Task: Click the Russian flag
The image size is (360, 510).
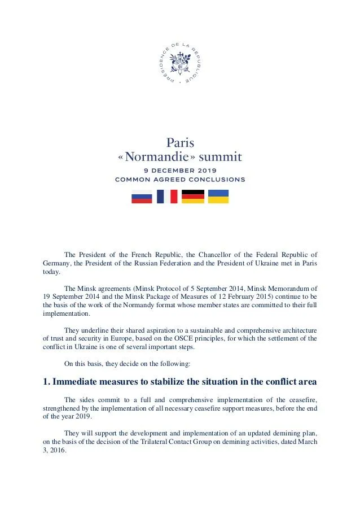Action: (x=142, y=197)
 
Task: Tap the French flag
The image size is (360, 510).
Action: (x=167, y=197)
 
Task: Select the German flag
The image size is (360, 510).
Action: (x=192, y=197)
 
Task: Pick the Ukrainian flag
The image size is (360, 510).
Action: (x=218, y=197)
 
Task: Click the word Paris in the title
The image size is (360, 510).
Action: (x=180, y=142)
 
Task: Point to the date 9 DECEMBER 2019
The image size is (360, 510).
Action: (x=180, y=170)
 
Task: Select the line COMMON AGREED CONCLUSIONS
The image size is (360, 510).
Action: (x=180, y=180)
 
